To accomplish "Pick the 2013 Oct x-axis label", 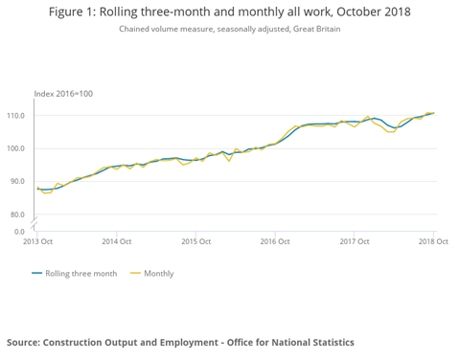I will (x=37, y=242).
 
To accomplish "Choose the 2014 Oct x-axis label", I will (x=116, y=242).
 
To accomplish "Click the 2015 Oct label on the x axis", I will (x=195, y=242).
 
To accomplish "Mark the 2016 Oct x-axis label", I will (x=275, y=242).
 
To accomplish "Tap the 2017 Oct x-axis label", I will (x=355, y=242).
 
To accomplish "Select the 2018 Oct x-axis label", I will (x=432, y=242).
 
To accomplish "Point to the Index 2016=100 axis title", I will (x=64, y=93).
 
